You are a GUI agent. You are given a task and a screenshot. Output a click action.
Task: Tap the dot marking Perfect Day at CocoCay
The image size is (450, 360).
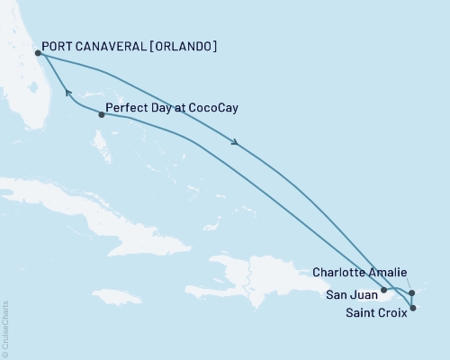pyautogui.click(x=101, y=114)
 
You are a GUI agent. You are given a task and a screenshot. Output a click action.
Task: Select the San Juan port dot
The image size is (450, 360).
pyautogui.click(x=383, y=290)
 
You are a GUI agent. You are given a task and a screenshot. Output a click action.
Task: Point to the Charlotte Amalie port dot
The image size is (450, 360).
pyautogui.click(x=411, y=292)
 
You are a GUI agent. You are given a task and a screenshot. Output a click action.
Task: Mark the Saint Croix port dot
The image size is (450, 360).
pyautogui.click(x=413, y=309)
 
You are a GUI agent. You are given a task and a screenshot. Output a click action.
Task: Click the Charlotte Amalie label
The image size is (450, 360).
pyautogui.click(x=360, y=272)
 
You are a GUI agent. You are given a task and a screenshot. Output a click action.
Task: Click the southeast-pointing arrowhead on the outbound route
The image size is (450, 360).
pyautogui.click(x=235, y=141)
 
